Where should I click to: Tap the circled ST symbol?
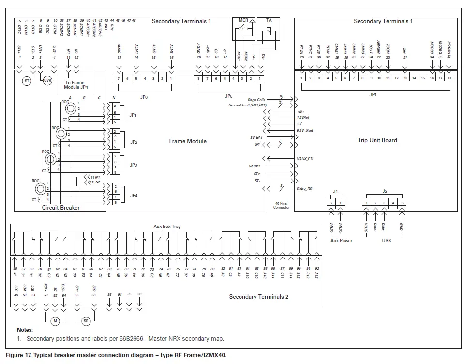27,81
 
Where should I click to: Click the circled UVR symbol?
47,81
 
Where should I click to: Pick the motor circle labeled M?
55,320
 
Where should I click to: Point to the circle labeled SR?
86,320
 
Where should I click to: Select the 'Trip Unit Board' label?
377,140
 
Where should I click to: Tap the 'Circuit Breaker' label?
61,208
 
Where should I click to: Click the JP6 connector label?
144,96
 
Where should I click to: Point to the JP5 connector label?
229,96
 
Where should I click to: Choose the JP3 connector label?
134,165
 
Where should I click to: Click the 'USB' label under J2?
386,240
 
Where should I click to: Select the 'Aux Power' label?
341,240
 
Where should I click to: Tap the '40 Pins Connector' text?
282,205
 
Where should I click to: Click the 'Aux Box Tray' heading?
167,227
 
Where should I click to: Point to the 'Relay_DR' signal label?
304,189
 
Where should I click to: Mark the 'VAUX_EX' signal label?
305,158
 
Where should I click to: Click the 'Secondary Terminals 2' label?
258,297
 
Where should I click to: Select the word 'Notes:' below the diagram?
25,330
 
